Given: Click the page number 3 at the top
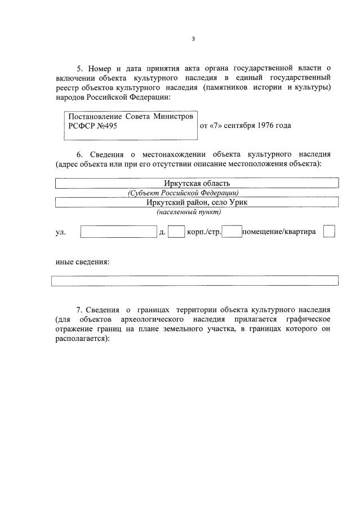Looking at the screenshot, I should [193, 39].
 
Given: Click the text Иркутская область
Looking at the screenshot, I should [197, 183].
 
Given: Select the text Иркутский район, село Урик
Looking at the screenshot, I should [197, 202].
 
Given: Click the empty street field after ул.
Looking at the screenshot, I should [118, 232].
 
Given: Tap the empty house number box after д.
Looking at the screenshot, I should [176, 232].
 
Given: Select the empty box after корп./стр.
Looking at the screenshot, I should [232, 232].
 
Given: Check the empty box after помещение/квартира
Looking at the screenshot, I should [330, 232].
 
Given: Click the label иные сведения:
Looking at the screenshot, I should [82, 261].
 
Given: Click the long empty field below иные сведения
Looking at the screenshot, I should [195, 281].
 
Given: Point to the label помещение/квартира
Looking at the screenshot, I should [279, 232].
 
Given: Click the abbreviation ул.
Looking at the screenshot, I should [60, 232].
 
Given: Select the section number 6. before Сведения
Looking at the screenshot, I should [79, 154].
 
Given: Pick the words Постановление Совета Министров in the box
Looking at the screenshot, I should [130, 117].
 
